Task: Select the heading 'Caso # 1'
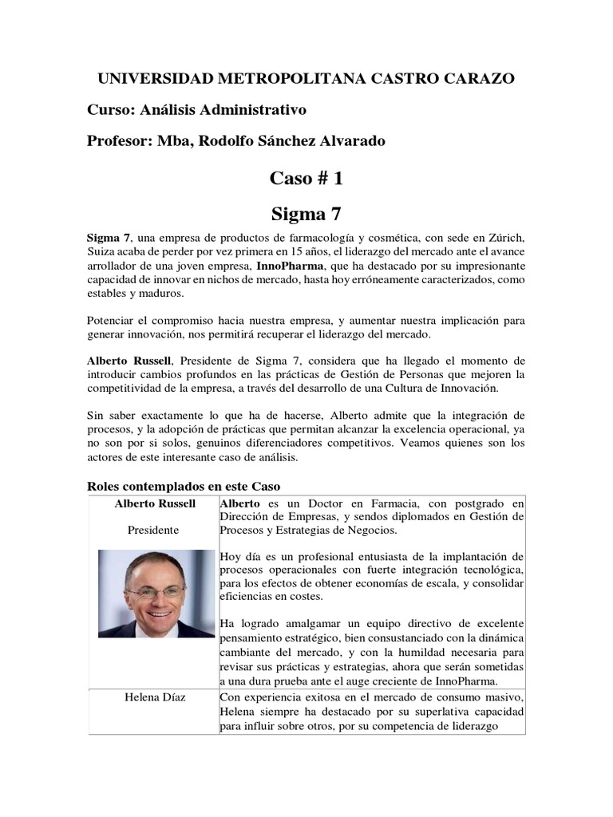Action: click(306, 180)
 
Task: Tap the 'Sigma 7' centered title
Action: click(306, 213)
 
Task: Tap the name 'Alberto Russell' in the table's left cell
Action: click(155, 503)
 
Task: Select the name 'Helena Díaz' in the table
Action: click(155, 698)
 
